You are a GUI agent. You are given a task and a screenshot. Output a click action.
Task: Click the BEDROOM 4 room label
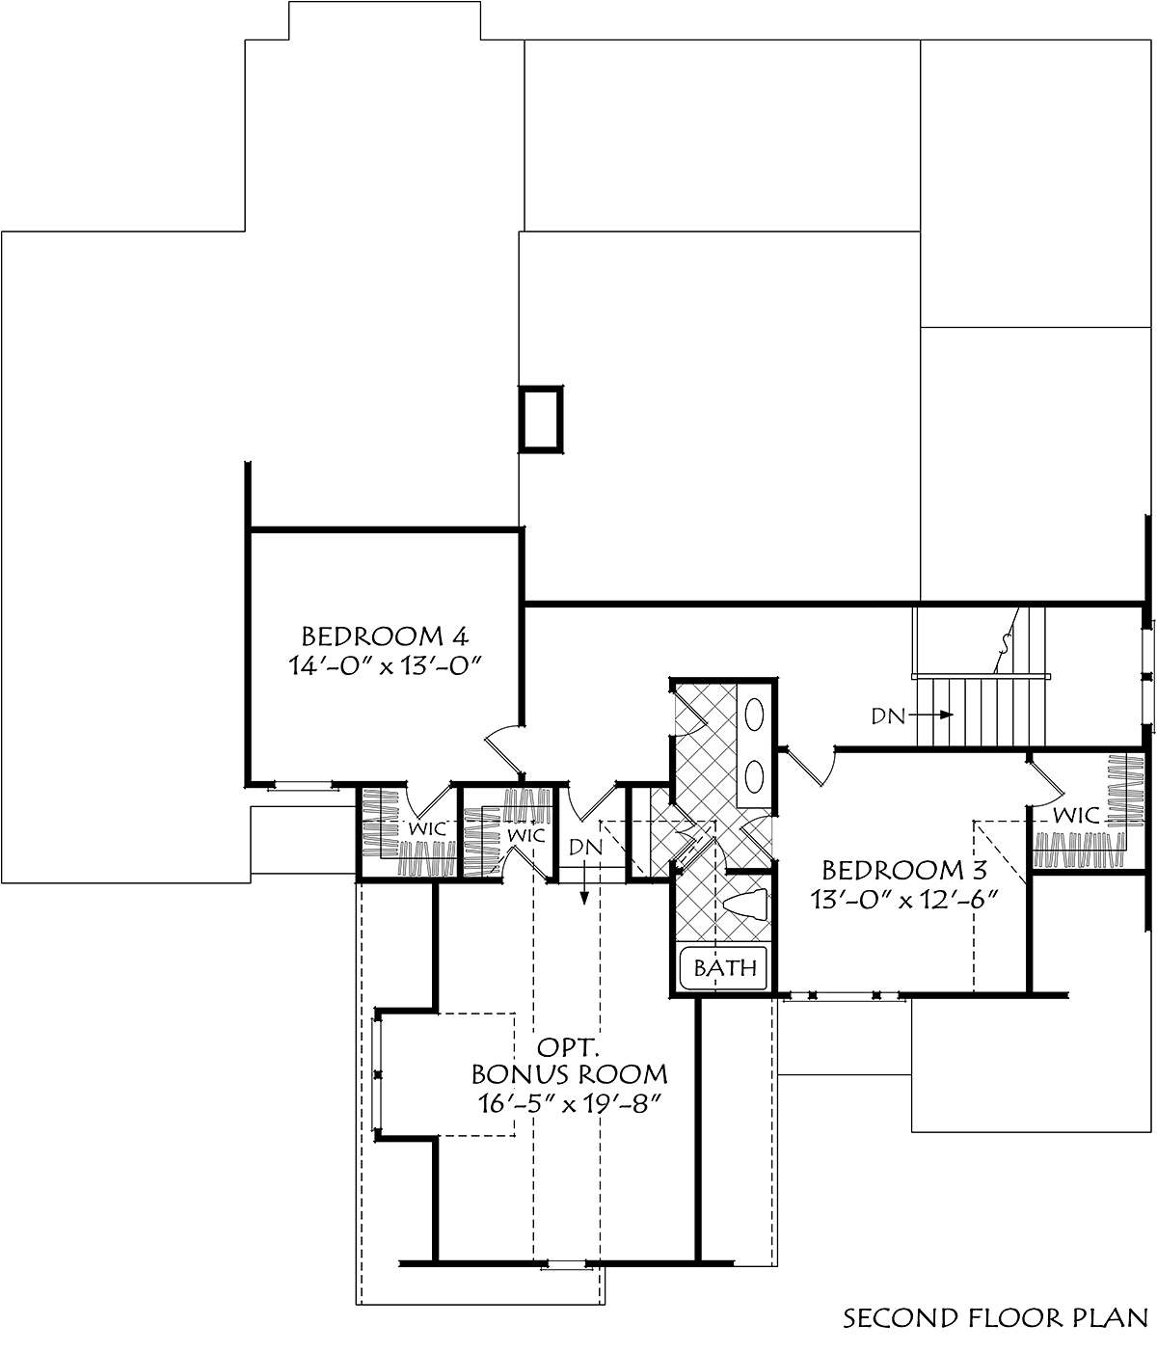[x=386, y=635]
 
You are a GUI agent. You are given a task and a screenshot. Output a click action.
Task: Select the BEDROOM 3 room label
[x=904, y=870]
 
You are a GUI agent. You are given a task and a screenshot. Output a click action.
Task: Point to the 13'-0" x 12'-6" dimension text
[x=904, y=901]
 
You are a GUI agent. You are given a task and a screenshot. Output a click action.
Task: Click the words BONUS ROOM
[x=569, y=1073]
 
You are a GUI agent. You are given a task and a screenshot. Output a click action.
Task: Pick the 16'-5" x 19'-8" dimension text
[x=569, y=1104]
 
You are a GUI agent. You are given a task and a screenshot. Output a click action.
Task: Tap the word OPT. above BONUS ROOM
[x=569, y=1047]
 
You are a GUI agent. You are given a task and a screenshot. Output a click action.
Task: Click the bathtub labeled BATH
[x=723, y=966]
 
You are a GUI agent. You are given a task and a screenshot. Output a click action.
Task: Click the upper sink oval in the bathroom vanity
[x=754, y=715]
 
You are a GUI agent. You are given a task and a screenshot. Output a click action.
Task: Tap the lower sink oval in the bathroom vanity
[x=754, y=776]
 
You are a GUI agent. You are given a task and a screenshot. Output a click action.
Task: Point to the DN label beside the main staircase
[x=888, y=717]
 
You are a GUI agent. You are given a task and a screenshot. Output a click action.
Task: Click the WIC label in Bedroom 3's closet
[x=1076, y=815]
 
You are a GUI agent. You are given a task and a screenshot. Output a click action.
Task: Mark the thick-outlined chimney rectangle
[x=541, y=419]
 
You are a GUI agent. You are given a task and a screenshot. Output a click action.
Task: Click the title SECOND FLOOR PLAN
[x=995, y=1318]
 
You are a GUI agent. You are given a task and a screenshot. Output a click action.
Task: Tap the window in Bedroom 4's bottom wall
[x=303, y=785]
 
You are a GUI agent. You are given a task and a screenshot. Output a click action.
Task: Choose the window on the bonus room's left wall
[x=377, y=1073]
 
